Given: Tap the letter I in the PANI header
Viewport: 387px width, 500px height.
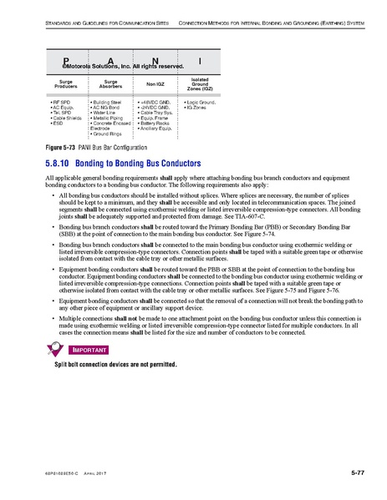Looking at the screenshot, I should (198, 62).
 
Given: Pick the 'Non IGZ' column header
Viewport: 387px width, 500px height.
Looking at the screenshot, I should (155, 83).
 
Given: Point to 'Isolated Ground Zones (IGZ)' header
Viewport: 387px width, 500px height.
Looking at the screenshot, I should (200, 83).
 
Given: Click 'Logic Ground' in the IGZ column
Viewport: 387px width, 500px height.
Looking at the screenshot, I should (198, 101).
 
